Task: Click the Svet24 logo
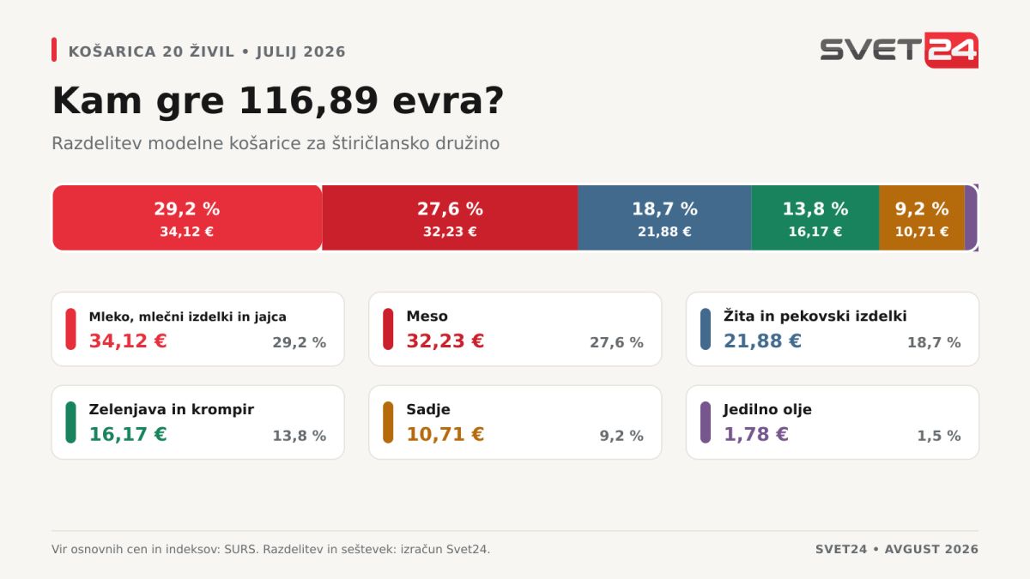coord(899,50)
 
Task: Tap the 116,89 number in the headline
coord(308,100)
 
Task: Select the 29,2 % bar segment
coord(187,218)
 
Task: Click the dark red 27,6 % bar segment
coord(450,218)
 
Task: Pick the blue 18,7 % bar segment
coord(664,218)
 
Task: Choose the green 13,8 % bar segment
coord(815,218)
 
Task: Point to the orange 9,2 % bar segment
coord(922,218)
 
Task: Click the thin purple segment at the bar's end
coord(971,218)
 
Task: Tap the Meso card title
coord(427,317)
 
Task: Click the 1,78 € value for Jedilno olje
coord(756,434)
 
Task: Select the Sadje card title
coord(428,409)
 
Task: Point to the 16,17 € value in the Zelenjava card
coord(128,434)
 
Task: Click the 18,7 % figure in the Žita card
coord(934,342)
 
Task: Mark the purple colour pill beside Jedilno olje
coord(706,422)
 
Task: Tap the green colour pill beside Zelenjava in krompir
coord(70,422)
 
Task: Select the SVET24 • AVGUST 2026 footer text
coord(897,549)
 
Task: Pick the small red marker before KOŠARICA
coord(54,50)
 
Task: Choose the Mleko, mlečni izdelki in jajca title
coord(188,317)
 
